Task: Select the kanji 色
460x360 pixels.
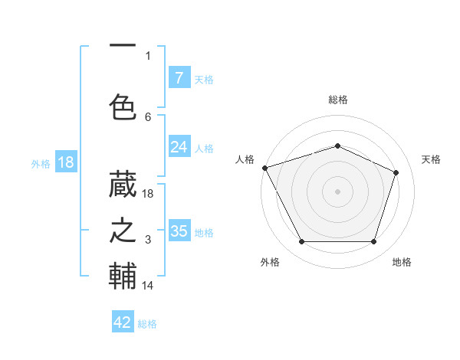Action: click(123, 107)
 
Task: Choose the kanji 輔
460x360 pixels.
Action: click(123, 276)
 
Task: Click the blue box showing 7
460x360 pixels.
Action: click(179, 78)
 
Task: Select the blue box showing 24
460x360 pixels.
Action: click(179, 147)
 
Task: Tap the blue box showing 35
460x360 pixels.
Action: click(179, 231)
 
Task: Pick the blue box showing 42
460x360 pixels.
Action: click(123, 322)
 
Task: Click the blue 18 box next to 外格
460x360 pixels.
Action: click(65, 162)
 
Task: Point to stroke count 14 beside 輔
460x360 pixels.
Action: click(149, 285)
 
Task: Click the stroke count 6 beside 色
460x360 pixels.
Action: click(148, 116)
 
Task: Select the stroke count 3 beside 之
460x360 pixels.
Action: click(148, 241)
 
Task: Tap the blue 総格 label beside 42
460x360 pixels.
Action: click(147, 324)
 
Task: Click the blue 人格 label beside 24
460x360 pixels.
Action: click(204, 149)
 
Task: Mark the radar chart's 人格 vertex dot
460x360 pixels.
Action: click(264, 168)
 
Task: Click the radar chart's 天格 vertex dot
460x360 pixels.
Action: click(396, 172)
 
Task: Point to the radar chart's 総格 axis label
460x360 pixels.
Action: click(337, 100)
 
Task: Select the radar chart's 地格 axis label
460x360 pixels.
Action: click(402, 262)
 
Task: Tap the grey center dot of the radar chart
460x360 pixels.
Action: click(337, 191)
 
